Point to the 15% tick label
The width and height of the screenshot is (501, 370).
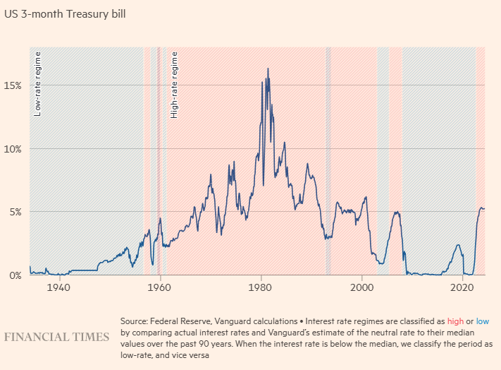[x=13, y=85]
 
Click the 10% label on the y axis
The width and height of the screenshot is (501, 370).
[x=13, y=148]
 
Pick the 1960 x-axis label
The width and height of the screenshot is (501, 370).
[x=160, y=288]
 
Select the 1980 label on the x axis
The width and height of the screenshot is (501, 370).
[x=261, y=288]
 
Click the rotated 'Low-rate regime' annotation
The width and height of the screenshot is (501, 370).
[x=38, y=84]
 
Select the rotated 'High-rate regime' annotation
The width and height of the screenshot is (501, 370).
[x=174, y=84]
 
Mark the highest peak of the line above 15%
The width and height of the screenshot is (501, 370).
[x=268, y=68]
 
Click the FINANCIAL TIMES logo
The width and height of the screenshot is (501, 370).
[x=56, y=337]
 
